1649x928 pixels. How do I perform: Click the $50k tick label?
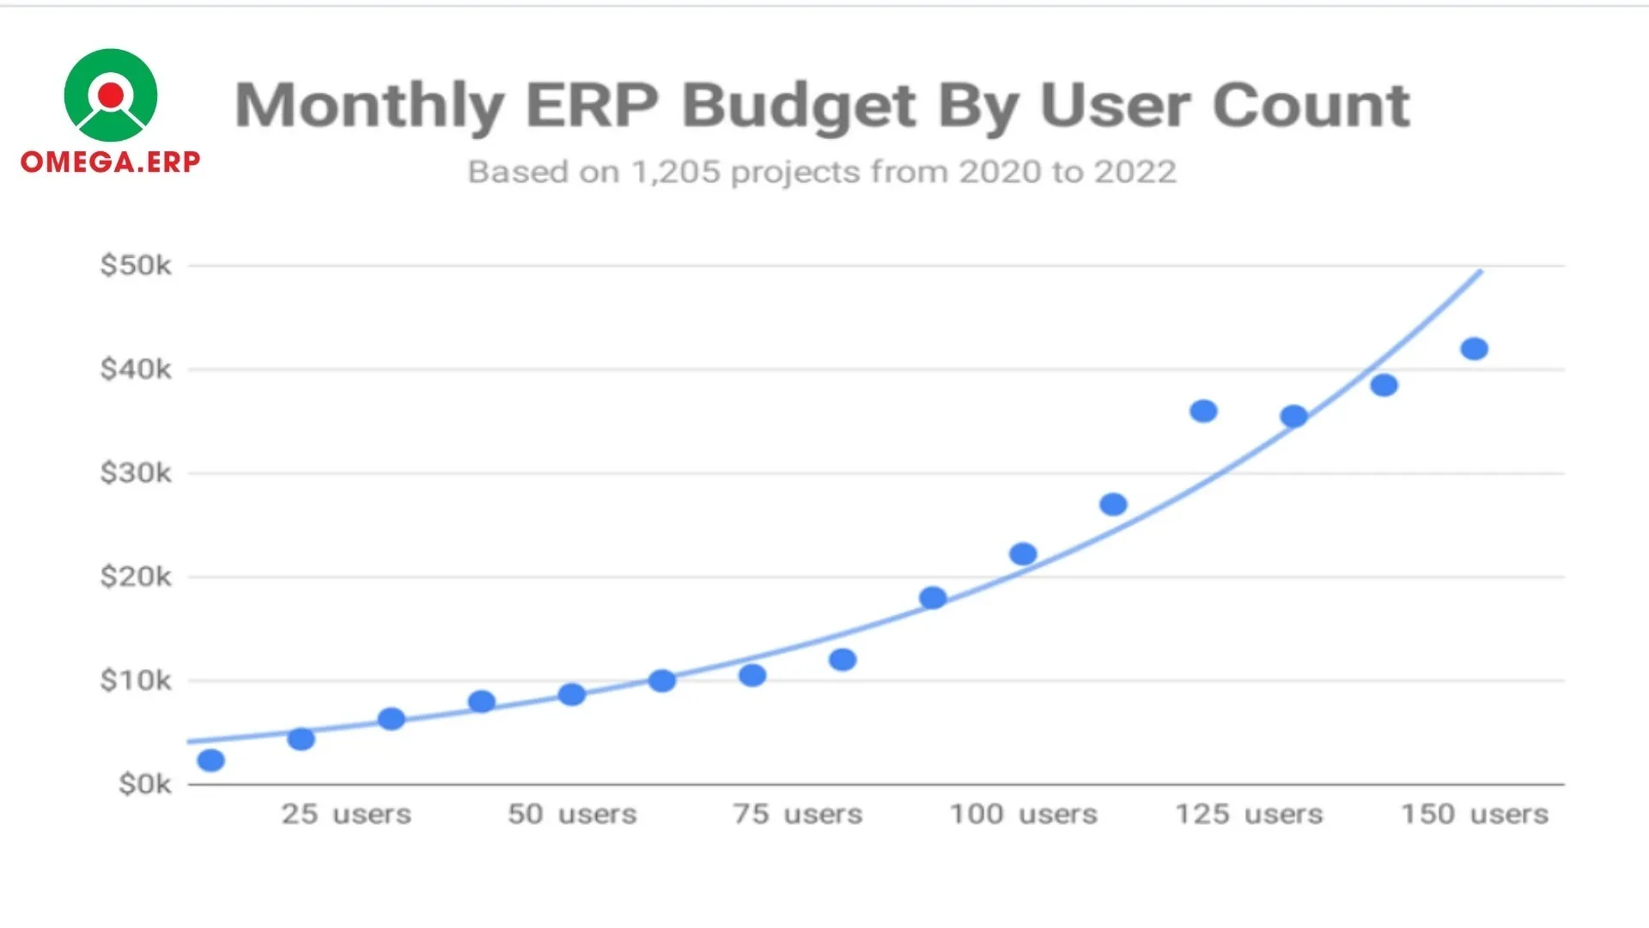(136, 266)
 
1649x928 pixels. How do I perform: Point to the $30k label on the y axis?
(136, 473)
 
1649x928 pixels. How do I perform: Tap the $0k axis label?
(144, 784)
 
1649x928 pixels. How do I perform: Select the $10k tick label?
(136, 681)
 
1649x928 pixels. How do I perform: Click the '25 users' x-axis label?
(346, 814)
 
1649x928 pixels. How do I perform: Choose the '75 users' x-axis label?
(797, 814)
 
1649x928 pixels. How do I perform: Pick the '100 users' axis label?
(1023, 814)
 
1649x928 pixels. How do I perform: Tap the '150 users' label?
(1475, 814)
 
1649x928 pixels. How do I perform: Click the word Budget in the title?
(800, 107)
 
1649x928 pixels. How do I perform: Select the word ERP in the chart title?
(592, 105)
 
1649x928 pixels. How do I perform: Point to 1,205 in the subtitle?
(676, 172)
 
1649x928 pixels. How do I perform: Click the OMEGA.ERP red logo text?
(110, 162)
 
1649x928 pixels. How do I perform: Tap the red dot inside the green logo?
(111, 95)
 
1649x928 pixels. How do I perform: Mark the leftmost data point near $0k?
(210, 760)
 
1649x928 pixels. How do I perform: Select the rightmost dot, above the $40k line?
(1474, 349)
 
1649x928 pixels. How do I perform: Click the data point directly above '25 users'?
(301, 739)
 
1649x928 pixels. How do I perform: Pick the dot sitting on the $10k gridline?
(661, 681)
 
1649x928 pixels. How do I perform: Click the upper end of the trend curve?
(1480, 272)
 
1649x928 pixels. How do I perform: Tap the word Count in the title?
(1311, 105)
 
